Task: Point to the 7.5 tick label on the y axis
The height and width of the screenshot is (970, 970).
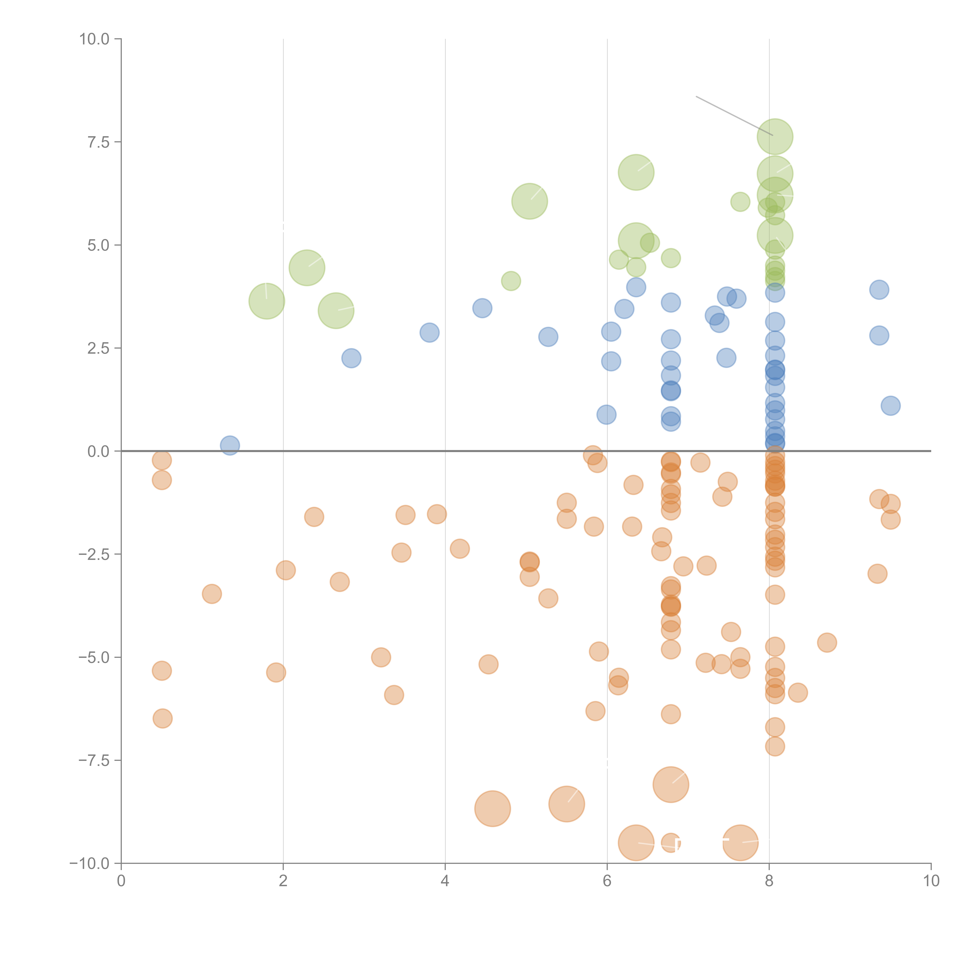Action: pyautogui.click(x=98, y=142)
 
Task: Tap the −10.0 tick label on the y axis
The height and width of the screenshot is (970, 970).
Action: pyautogui.click(x=89, y=863)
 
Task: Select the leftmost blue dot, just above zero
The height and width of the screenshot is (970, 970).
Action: pyautogui.click(x=230, y=445)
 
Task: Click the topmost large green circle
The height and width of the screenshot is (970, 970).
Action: pyautogui.click(x=775, y=137)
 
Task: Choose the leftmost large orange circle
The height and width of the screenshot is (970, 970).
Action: pyautogui.click(x=493, y=808)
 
